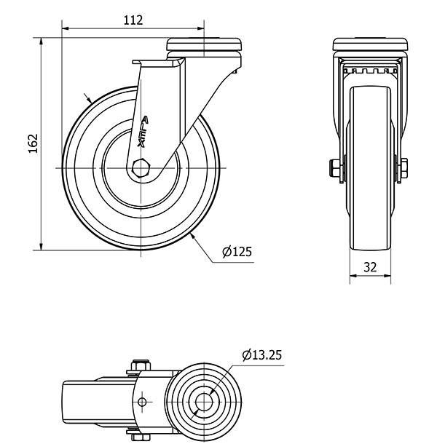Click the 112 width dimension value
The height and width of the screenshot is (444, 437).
pyautogui.click(x=133, y=20)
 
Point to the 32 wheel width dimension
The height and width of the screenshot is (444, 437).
pyautogui.click(x=369, y=266)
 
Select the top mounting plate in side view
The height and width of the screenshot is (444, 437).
pyautogui.click(x=205, y=45)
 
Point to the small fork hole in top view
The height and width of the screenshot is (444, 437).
pyautogui.click(x=142, y=402)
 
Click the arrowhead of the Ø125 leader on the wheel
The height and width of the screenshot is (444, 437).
pyautogui.click(x=192, y=235)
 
